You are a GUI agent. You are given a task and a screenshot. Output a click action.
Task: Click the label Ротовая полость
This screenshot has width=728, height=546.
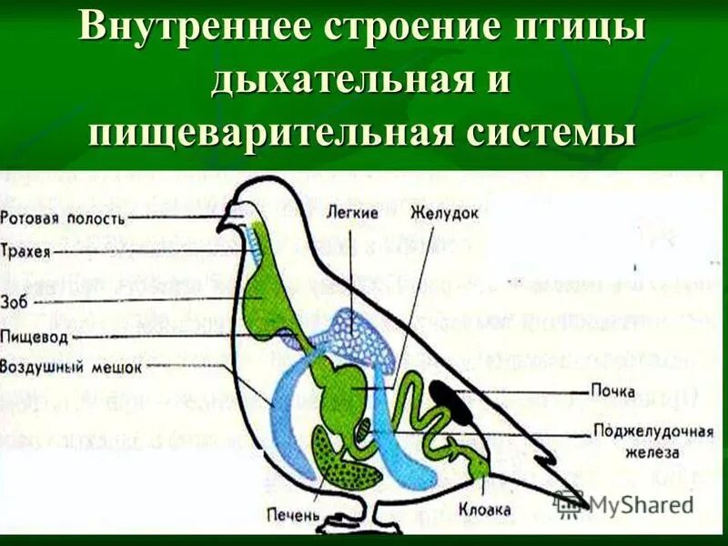(x=63, y=218)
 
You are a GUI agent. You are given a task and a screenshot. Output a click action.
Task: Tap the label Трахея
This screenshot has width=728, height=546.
(x=26, y=248)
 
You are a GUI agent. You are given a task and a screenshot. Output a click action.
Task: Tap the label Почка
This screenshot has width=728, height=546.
(x=611, y=391)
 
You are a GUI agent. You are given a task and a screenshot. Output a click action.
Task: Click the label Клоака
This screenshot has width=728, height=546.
(x=484, y=511)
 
